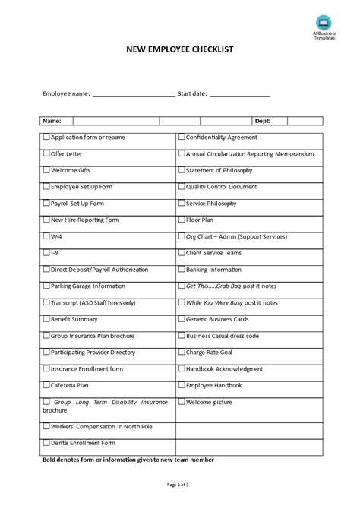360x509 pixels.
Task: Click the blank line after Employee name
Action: point(133,96)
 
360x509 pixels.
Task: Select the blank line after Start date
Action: point(239,96)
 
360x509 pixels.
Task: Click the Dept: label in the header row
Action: point(261,120)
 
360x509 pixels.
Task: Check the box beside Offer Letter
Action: point(46,153)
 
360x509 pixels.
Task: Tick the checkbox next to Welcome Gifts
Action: point(46,170)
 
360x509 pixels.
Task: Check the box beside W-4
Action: point(46,236)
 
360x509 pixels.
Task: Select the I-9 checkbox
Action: point(46,253)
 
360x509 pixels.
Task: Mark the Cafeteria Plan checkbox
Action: point(46,385)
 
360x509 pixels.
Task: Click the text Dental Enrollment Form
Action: point(83,442)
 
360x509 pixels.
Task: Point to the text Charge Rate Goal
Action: point(211,353)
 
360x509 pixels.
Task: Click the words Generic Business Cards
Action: point(221,319)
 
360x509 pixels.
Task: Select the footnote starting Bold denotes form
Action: point(127,460)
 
